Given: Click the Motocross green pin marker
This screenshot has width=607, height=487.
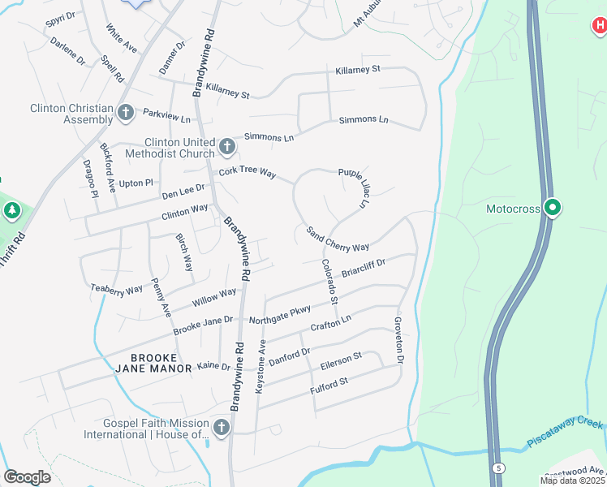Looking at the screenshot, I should [x=553, y=209].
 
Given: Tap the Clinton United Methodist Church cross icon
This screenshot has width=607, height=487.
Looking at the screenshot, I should [x=227, y=148].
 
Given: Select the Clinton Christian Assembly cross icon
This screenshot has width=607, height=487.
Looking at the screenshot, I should [x=125, y=113].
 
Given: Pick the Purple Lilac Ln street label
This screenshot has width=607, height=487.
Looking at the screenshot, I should [x=353, y=187].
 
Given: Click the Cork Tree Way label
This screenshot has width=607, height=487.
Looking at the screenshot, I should [x=247, y=175].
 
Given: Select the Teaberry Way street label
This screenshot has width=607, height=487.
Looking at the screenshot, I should [x=117, y=287].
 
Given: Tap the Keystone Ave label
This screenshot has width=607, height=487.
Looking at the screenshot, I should [x=260, y=366].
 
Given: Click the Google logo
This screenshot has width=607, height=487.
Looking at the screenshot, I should [x=28, y=477].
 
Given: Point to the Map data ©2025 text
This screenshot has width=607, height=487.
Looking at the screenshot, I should [x=572, y=481].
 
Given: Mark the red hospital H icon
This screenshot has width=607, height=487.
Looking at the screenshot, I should [x=599, y=27].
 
